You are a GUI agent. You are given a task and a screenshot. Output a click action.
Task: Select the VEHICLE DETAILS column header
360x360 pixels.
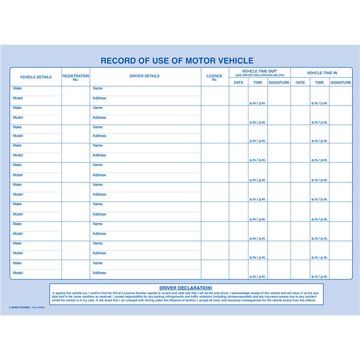click(x=35, y=77)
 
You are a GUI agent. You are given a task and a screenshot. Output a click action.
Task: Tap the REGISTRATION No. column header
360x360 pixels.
click(x=76, y=77)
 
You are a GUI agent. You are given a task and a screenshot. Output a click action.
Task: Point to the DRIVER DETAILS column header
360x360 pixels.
click(x=145, y=76)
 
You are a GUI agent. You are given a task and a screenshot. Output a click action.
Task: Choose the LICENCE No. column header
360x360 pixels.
click(x=214, y=77)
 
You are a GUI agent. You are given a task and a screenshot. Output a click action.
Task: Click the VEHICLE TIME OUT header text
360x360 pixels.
click(x=259, y=71)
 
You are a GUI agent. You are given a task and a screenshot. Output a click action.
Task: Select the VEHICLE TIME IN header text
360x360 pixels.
click(x=321, y=73)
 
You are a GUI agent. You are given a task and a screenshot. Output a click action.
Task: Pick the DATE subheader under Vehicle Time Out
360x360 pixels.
click(x=238, y=83)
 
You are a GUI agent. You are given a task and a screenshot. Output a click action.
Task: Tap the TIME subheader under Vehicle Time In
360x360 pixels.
click(x=319, y=83)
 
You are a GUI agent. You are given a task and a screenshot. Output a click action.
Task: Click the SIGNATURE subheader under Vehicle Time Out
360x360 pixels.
click(x=278, y=83)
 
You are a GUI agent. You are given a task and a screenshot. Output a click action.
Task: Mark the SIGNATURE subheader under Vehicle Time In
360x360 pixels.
click(x=340, y=83)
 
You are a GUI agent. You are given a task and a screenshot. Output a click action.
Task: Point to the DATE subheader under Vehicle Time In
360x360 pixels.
click(x=300, y=83)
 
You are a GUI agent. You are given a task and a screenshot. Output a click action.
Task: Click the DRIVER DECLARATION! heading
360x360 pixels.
click(x=186, y=288)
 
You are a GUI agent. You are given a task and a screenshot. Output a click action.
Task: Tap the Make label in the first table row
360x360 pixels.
click(x=17, y=89)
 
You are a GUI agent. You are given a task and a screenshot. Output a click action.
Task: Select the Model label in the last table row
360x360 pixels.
click(x=18, y=272)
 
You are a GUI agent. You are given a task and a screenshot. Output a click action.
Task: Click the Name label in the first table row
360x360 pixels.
click(x=98, y=89)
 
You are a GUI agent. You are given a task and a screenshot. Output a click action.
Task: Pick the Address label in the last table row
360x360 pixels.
click(x=100, y=272)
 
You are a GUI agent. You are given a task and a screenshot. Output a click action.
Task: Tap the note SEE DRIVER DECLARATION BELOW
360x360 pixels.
click(x=259, y=75)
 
